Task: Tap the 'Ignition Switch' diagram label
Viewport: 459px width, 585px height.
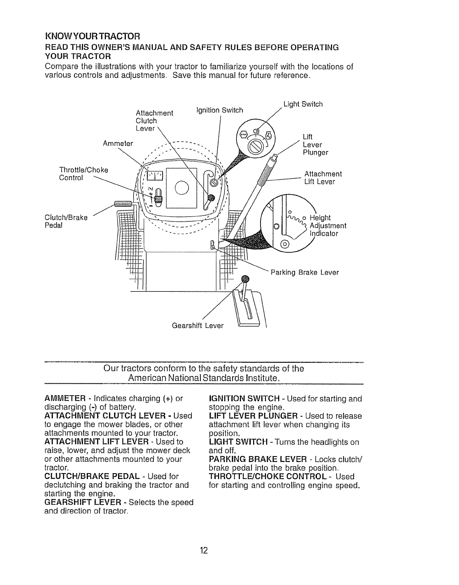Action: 220,110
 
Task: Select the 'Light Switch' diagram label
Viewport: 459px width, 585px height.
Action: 303,104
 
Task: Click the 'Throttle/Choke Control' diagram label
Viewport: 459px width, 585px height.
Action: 84,174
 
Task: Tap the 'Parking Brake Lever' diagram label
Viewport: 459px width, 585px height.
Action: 305,273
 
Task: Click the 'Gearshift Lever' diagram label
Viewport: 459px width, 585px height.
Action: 198,326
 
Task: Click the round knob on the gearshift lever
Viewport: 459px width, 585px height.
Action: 245,279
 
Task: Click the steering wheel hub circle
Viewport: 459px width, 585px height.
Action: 182,189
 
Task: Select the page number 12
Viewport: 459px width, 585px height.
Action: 204,551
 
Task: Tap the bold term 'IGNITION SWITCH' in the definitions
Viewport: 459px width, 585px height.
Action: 244,399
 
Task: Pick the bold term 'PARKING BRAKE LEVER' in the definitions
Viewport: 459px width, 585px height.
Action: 258,459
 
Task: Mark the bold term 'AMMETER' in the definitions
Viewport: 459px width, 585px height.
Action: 65,399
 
